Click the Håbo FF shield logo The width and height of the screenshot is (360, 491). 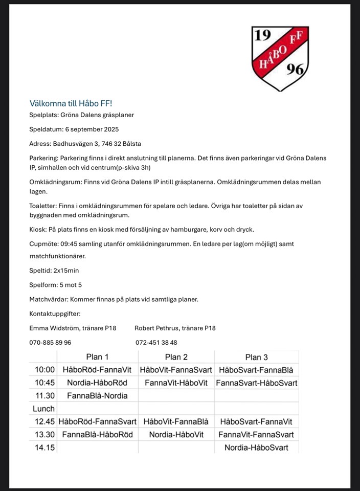point(280,58)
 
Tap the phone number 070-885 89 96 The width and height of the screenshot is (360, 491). point(50,342)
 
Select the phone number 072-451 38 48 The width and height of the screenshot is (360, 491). point(156,342)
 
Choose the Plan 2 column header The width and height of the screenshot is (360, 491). point(176,357)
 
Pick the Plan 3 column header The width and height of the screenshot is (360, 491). point(256,357)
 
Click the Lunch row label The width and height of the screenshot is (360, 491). point(43,409)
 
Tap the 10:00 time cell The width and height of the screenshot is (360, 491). point(44,370)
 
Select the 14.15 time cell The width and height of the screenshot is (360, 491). point(44,448)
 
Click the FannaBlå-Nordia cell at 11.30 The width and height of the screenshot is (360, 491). point(97,395)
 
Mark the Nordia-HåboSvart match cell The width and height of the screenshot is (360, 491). point(256,448)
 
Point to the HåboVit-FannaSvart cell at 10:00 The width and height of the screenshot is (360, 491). point(176,370)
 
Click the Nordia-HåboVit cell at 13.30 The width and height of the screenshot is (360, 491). point(176,435)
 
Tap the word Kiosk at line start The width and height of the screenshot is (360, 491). point(38,229)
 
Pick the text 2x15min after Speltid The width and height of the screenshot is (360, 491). point(66,270)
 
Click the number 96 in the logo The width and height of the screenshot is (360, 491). point(295,71)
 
